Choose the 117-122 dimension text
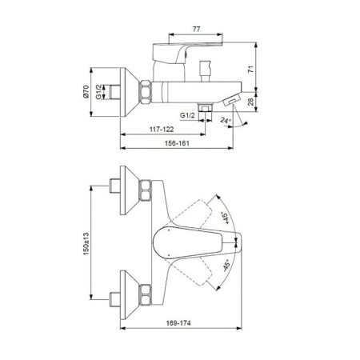coord(162,129)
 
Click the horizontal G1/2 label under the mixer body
coord(188,114)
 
